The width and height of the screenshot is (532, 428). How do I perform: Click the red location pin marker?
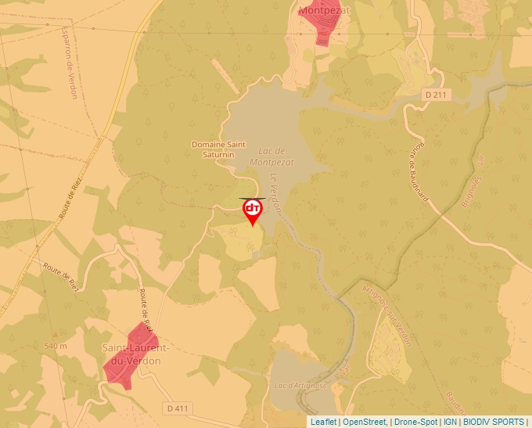point(252,210)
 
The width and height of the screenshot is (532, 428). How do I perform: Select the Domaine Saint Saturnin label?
point(219,149)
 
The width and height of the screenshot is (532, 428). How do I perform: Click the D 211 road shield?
point(437,95)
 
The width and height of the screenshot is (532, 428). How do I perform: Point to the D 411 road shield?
point(178,408)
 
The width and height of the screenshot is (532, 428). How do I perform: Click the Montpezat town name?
point(324,11)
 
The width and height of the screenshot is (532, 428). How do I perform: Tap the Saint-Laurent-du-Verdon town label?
point(131,354)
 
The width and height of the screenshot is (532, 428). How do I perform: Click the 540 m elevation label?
point(56,346)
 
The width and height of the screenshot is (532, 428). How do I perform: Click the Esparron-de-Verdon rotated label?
point(69,62)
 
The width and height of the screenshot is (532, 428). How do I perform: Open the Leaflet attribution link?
point(323,422)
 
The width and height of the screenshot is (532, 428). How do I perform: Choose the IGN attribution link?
point(450,422)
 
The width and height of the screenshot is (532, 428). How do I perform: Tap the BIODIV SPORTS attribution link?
point(494,422)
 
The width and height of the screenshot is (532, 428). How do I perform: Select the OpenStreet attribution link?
point(365,422)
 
